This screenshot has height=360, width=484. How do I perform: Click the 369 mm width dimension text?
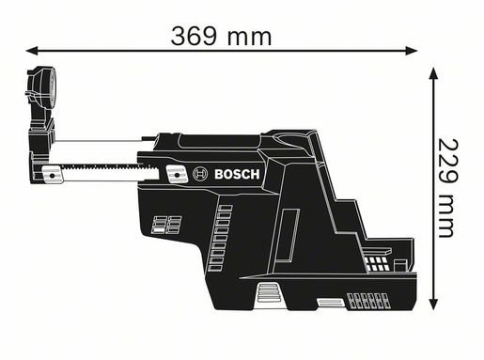click(221, 36)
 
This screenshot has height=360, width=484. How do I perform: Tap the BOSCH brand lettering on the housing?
click(242, 174)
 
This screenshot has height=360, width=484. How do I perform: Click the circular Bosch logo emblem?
click(198, 174)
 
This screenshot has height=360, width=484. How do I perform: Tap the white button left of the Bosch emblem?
click(174, 174)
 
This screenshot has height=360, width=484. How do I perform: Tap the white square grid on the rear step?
click(377, 262)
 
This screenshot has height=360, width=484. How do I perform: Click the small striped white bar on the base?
click(328, 303)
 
